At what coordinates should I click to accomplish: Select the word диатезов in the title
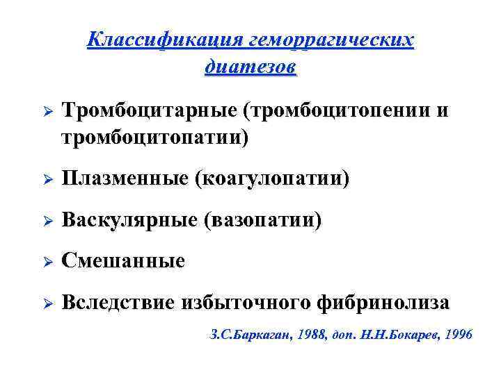[x=250, y=67]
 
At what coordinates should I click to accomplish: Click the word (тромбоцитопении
[x=332, y=111]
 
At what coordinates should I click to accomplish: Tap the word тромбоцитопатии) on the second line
[x=154, y=137]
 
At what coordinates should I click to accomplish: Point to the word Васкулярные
[x=130, y=220]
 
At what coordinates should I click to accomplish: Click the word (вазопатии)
[x=263, y=220]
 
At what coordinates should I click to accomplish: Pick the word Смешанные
[x=123, y=261]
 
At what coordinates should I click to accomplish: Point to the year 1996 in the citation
[x=457, y=335]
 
